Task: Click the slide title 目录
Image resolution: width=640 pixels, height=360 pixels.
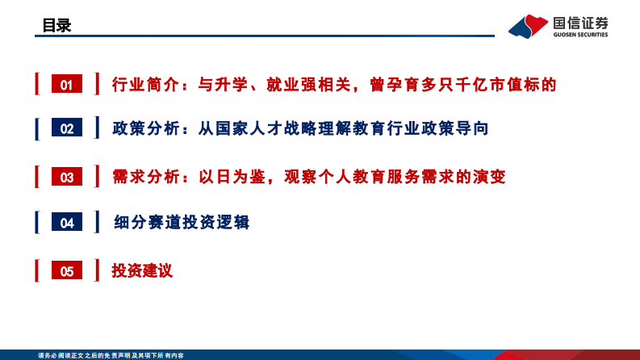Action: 56,26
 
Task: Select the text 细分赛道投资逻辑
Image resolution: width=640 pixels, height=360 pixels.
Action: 182,223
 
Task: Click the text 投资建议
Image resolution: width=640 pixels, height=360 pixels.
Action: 142,271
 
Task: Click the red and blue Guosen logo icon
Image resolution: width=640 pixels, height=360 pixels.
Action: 528,26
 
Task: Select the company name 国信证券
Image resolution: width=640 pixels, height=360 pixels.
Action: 580,21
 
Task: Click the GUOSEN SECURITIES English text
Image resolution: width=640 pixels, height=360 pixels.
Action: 580,35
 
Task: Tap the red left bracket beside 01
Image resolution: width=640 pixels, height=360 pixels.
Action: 36,84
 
